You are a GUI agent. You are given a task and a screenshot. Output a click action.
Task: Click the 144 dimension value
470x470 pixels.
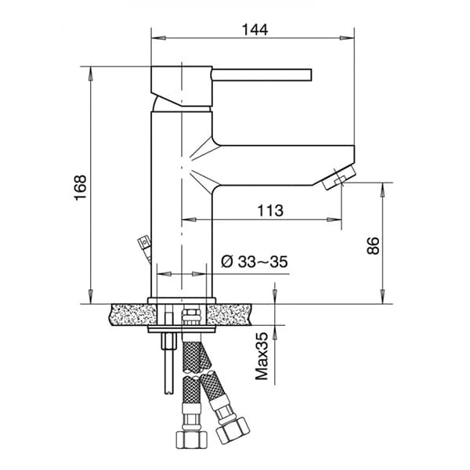pos(255,30)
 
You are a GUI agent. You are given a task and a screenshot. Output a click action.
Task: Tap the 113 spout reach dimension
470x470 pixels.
pos(269,210)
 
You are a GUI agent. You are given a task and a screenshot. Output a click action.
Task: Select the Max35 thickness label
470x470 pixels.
pos(262,356)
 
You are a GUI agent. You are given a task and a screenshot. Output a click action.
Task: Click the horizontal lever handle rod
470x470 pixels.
pos(262,75)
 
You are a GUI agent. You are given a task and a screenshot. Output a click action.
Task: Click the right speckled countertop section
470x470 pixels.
pos(236,314)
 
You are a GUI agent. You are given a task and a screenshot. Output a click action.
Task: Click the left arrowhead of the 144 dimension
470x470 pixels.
pos(154,37)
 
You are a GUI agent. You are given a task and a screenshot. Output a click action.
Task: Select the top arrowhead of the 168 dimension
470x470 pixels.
pos(91,71)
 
